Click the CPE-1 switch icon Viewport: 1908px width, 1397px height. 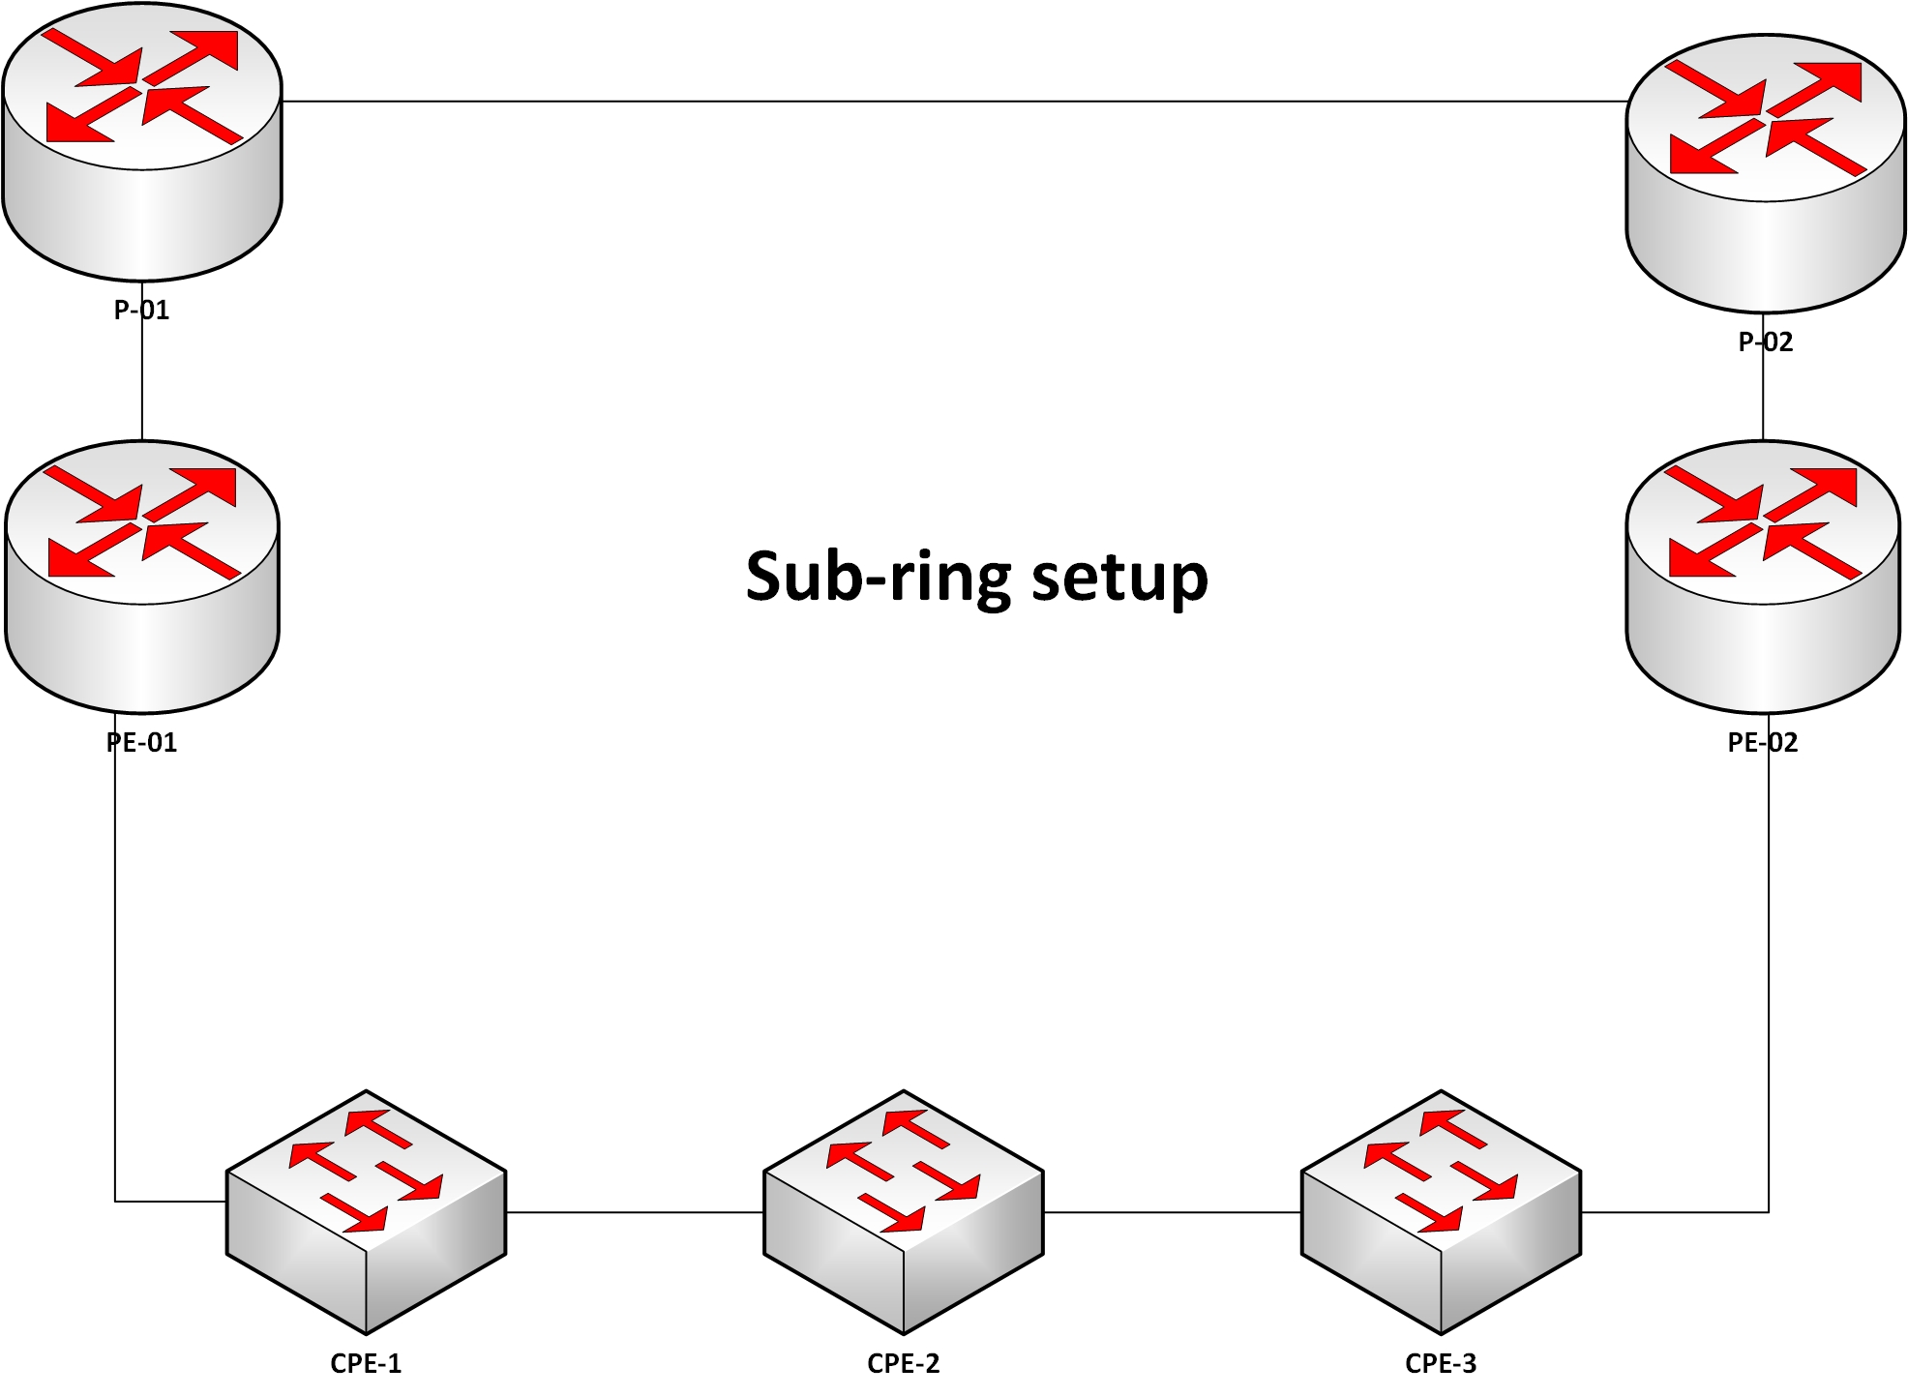pos(366,1211)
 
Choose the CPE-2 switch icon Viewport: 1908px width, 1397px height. pos(904,1211)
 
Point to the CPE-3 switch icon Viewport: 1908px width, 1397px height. pos(1441,1211)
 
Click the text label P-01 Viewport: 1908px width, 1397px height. pos(142,311)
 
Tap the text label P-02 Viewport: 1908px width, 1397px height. pos(1766,342)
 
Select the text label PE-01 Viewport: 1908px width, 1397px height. pos(142,743)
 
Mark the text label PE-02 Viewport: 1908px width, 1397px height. pos(1763,743)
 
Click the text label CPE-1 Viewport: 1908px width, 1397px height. pos(366,1363)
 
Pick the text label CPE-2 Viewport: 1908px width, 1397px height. pos(904,1363)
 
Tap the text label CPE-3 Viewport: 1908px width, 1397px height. pos(1441,1363)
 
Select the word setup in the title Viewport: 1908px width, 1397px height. pos(1119,577)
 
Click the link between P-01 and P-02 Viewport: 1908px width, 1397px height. pos(953,101)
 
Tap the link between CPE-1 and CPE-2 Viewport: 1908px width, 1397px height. pos(635,1212)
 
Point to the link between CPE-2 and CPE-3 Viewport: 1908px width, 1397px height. pos(1173,1212)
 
